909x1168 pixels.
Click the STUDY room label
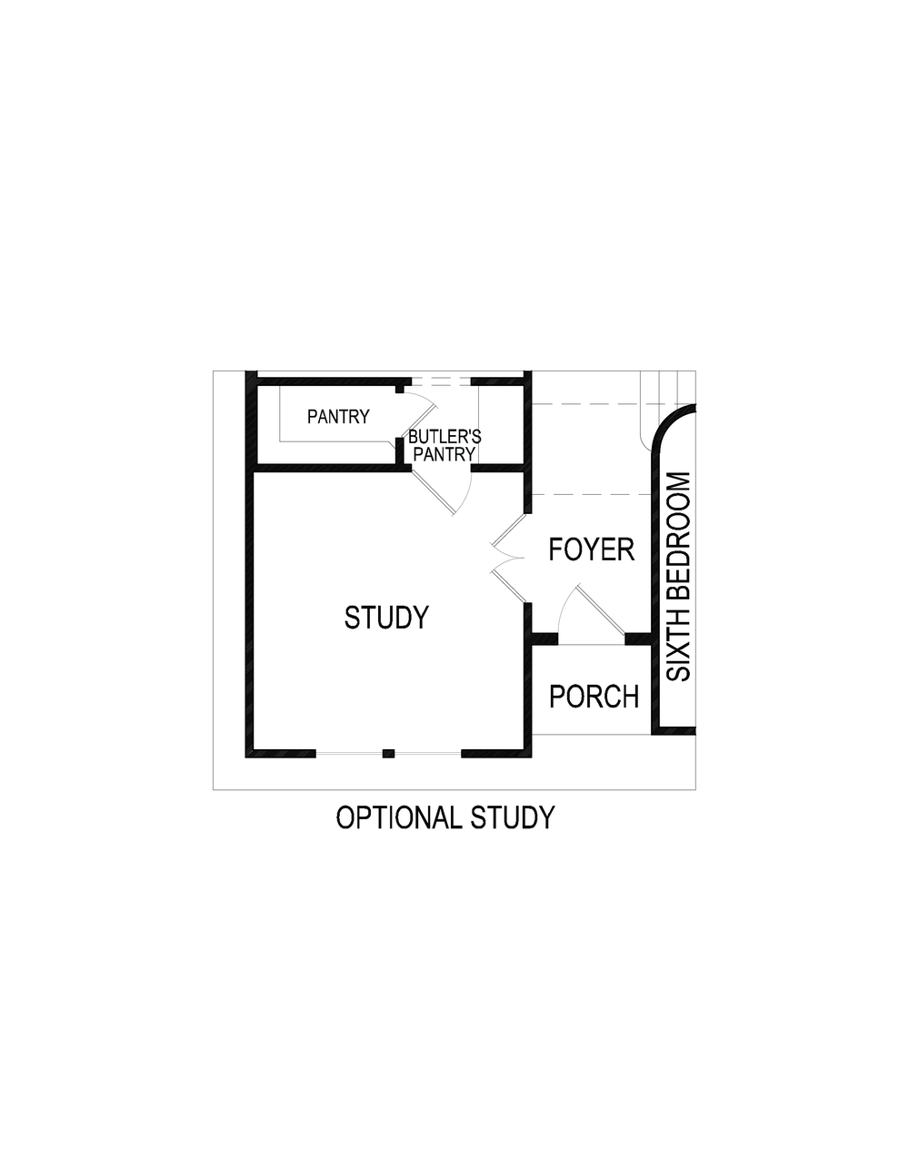pos(385,618)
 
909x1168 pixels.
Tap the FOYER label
pos(591,549)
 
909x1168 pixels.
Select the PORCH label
pos(594,697)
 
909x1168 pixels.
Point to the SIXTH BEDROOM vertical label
pos(679,577)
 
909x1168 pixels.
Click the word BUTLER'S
pos(445,437)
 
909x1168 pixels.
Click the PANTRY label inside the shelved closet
pos(338,417)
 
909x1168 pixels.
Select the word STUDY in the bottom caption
pos(512,817)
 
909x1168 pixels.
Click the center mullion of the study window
pos(388,753)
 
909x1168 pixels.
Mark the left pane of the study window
pos(349,753)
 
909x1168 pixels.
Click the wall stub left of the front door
pos(544,638)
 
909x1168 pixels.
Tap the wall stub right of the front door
pos(639,638)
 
